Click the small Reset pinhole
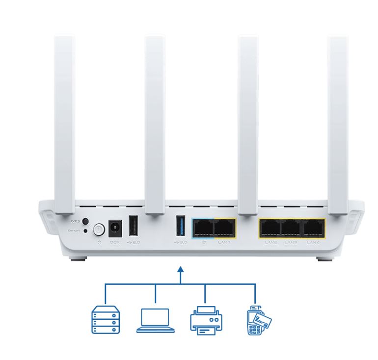(x=86, y=231)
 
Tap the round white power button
(x=99, y=229)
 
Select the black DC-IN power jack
(x=115, y=228)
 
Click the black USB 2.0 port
(x=133, y=226)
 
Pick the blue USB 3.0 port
(x=180, y=226)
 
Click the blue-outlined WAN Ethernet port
(x=203, y=228)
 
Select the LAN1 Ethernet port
(x=225, y=228)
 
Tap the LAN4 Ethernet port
(x=314, y=228)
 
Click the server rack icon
(x=106, y=321)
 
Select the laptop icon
(x=155, y=321)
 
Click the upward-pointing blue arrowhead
(x=181, y=270)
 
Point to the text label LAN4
(x=313, y=242)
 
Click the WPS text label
(x=74, y=222)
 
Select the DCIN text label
(x=115, y=242)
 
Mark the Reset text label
(x=74, y=231)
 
